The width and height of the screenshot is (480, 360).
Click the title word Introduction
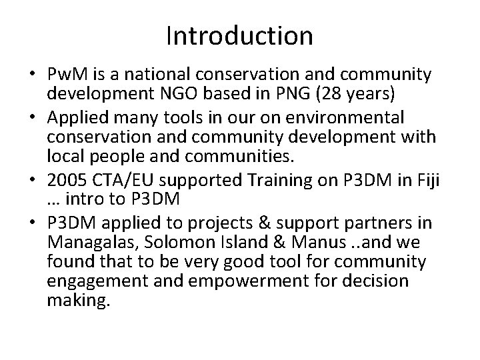click(x=239, y=35)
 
